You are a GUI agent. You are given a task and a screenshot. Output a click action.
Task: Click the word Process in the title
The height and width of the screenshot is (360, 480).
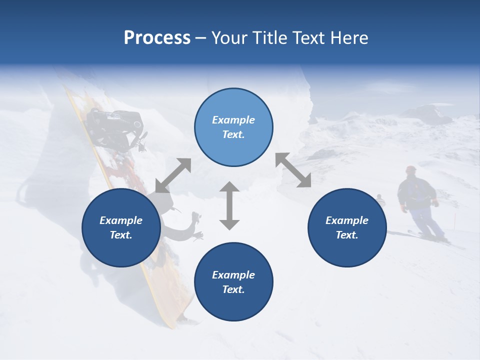pyautogui.click(x=157, y=38)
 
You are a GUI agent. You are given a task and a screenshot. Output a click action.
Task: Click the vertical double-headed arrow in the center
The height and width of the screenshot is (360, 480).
pyautogui.click(x=229, y=206)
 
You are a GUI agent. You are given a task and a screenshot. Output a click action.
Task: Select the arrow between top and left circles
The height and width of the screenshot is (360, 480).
pyautogui.click(x=173, y=175)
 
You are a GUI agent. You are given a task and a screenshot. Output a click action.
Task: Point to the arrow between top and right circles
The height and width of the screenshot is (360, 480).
pyautogui.click(x=293, y=170)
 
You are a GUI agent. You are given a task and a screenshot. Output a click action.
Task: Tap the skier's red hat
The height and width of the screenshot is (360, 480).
pyautogui.click(x=411, y=169)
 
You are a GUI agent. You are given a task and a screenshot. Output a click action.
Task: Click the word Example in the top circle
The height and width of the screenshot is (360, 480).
pyautogui.click(x=233, y=120)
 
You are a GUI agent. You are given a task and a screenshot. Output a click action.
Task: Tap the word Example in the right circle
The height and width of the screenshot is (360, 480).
pyautogui.click(x=347, y=220)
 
